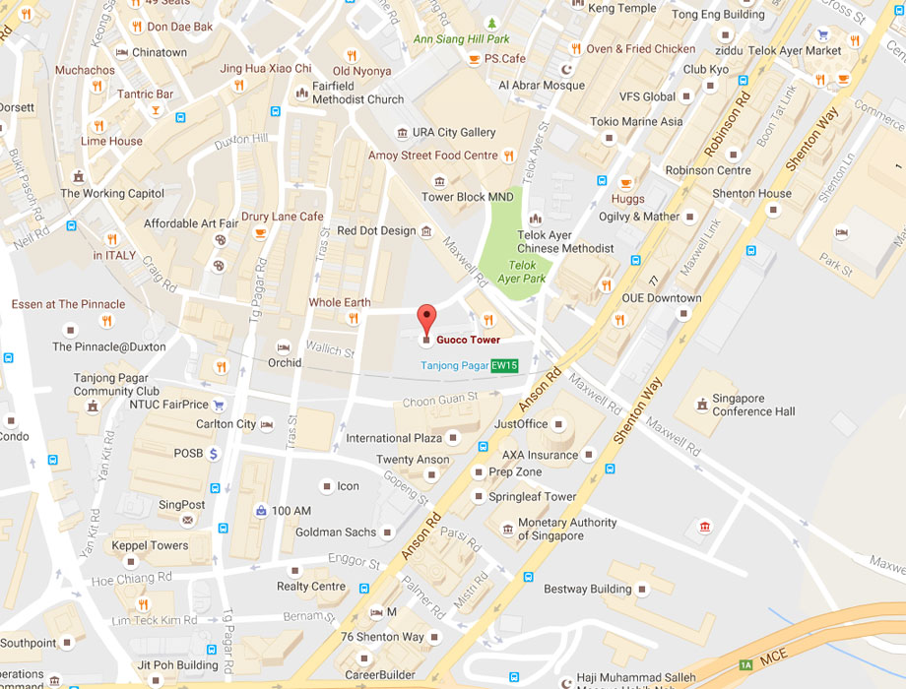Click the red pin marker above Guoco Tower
point(425,318)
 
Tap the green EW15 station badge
point(504,365)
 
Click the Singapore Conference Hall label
point(753,405)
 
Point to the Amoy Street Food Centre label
point(433,156)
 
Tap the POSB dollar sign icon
point(213,453)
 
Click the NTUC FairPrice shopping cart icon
point(219,404)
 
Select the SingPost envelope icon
point(188,520)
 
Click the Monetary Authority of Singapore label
point(567,530)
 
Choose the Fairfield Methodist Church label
point(357,94)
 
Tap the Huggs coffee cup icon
point(625,183)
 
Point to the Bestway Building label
point(588,589)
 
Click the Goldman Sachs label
point(336,532)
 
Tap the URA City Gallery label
point(454,132)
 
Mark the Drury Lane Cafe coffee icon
point(260,232)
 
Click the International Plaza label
point(393,437)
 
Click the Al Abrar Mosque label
point(542,86)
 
